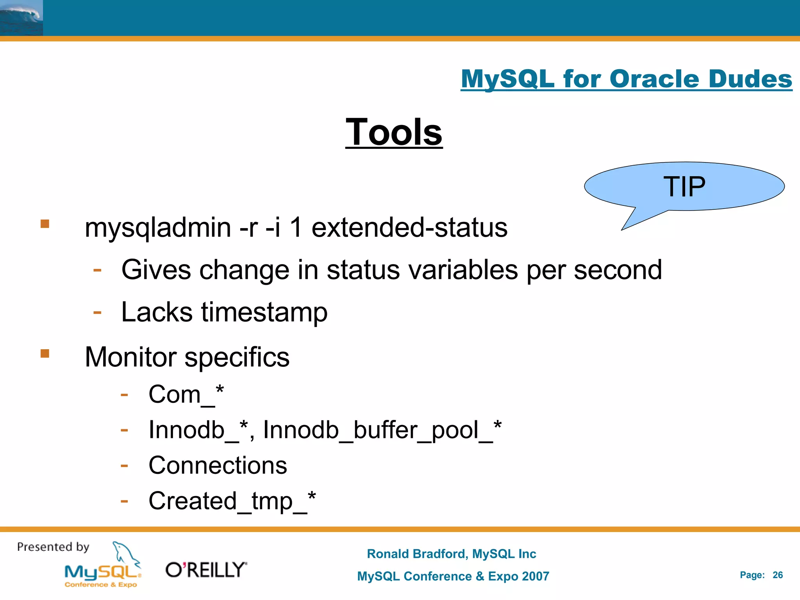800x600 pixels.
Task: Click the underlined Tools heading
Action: click(394, 133)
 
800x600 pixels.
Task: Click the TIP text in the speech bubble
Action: click(684, 187)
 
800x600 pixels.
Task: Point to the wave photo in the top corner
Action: click(21, 18)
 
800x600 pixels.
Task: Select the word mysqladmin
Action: click(158, 228)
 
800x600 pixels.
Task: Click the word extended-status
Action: click(409, 228)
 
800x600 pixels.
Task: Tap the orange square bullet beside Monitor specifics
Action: click(45, 354)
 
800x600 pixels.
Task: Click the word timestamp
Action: click(264, 312)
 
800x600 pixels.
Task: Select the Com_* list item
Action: click(186, 395)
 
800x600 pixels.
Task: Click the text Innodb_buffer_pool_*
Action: click(382, 430)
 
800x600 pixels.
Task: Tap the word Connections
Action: click(218, 466)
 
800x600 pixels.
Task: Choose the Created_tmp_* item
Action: click(232, 501)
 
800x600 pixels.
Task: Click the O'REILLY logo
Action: click(206, 570)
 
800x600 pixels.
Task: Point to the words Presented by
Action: click(53, 547)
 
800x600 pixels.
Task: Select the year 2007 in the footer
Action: click(535, 577)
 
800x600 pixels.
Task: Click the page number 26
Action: click(777, 575)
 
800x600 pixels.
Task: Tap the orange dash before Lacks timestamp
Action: click(97, 312)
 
